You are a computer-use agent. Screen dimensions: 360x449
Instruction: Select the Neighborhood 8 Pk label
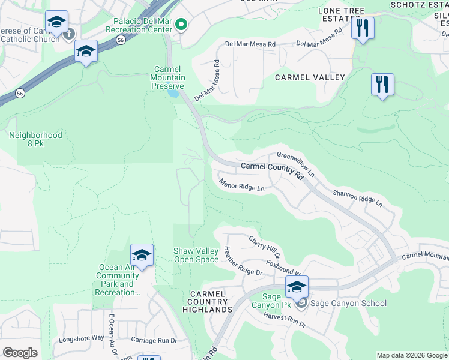35,140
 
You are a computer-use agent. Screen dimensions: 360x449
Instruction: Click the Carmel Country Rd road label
271,169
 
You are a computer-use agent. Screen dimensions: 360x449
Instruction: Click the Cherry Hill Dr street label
264,247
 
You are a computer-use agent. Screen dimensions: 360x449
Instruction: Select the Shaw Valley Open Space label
196,255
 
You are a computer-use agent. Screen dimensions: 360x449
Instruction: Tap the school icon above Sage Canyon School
297,287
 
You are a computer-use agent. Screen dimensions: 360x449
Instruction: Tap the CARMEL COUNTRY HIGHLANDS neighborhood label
208,301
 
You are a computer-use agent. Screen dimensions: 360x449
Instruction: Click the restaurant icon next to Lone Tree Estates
363,28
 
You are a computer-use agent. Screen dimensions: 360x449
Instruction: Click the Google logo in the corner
20,353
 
